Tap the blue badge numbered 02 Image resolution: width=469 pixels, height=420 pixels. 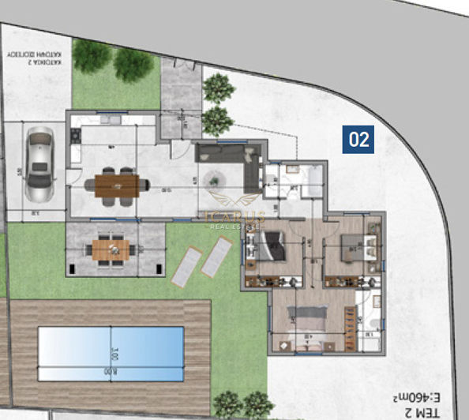coord(358,140)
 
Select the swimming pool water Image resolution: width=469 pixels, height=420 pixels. coord(111,354)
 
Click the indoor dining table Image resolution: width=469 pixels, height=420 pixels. coord(117,186)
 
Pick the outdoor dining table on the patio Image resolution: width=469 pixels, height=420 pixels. coord(110,250)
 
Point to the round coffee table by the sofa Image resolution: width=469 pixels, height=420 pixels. coord(216,181)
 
